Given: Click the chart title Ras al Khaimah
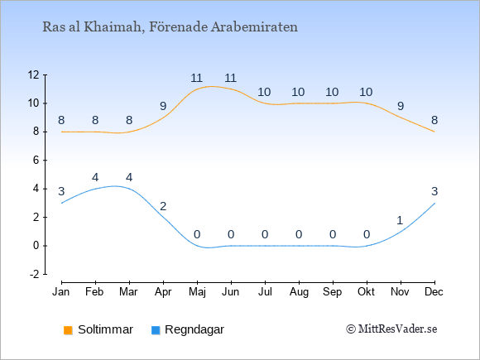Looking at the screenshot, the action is pyautogui.click(x=94, y=27).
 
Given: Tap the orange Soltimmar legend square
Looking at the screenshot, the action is pyautogui.click(x=68, y=330).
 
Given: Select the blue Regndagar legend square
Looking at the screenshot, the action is pyautogui.click(x=156, y=330).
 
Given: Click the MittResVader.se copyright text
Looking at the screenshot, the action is pyautogui.click(x=391, y=329).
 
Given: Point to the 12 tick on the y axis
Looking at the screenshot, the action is pyautogui.click(x=34, y=74).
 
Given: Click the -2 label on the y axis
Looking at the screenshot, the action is pyautogui.click(x=35, y=274).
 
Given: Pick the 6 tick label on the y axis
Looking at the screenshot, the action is pyautogui.click(x=36, y=160).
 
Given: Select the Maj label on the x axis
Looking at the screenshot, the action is pyautogui.click(x=197, y=292).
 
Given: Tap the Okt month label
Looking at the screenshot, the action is pyautogui.click(x=366, y=292).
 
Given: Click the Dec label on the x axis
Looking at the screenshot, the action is pyautogui.click(x=434, y=292).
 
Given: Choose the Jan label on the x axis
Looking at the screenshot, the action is pyautogui.click(x=61, y=292).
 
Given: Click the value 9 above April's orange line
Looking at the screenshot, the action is pyautogui.click(x=163, y=106).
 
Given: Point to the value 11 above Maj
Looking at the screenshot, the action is pyautogui.click(x=197, y=78).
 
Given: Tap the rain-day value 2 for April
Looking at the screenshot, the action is pyautogui.click(x=163, y=206).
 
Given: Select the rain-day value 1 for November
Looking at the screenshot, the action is pyautogui.click(x=400, y=220).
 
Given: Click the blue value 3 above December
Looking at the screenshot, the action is pyautogui.click(x=434, y=192).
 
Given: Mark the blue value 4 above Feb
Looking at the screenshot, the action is pyautogui.click(x=95, y=177).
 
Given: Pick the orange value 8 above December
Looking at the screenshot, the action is pyautogui.click(x=434, y=120).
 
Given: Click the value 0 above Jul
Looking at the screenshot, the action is pyautogui.click(x=265, y=235).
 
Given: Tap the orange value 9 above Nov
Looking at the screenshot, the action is pyautogui.click(x=401, y=106).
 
